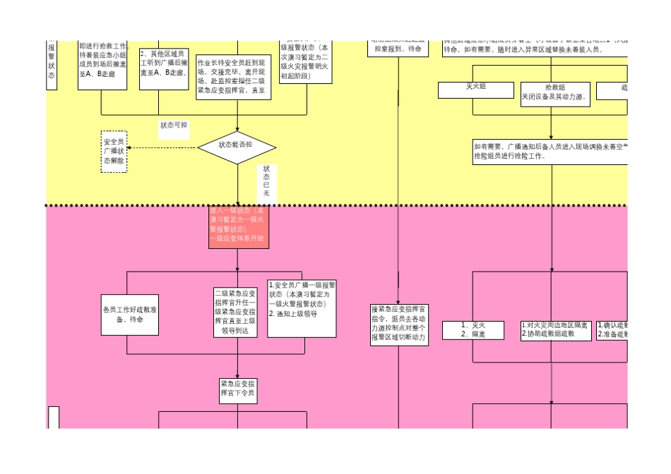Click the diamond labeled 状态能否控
[x=236, y=145]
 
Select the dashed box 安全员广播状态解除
[x=114, y=151]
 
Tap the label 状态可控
[x=173, y=125]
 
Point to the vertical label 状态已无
[x=266, y=181]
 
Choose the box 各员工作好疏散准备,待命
[x=130, y=315]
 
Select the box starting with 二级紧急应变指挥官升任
[x=235, y=311]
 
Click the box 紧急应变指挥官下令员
[x=237, y=388]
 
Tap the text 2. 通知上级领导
[x=293, y=314]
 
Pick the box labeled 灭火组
[x=475, y=90]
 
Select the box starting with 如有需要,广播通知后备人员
[x=550, y=151]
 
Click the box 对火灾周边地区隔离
[x=554, y=329]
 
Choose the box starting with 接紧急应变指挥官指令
[x=399, y=324]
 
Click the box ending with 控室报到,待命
[x=399, y=49]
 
